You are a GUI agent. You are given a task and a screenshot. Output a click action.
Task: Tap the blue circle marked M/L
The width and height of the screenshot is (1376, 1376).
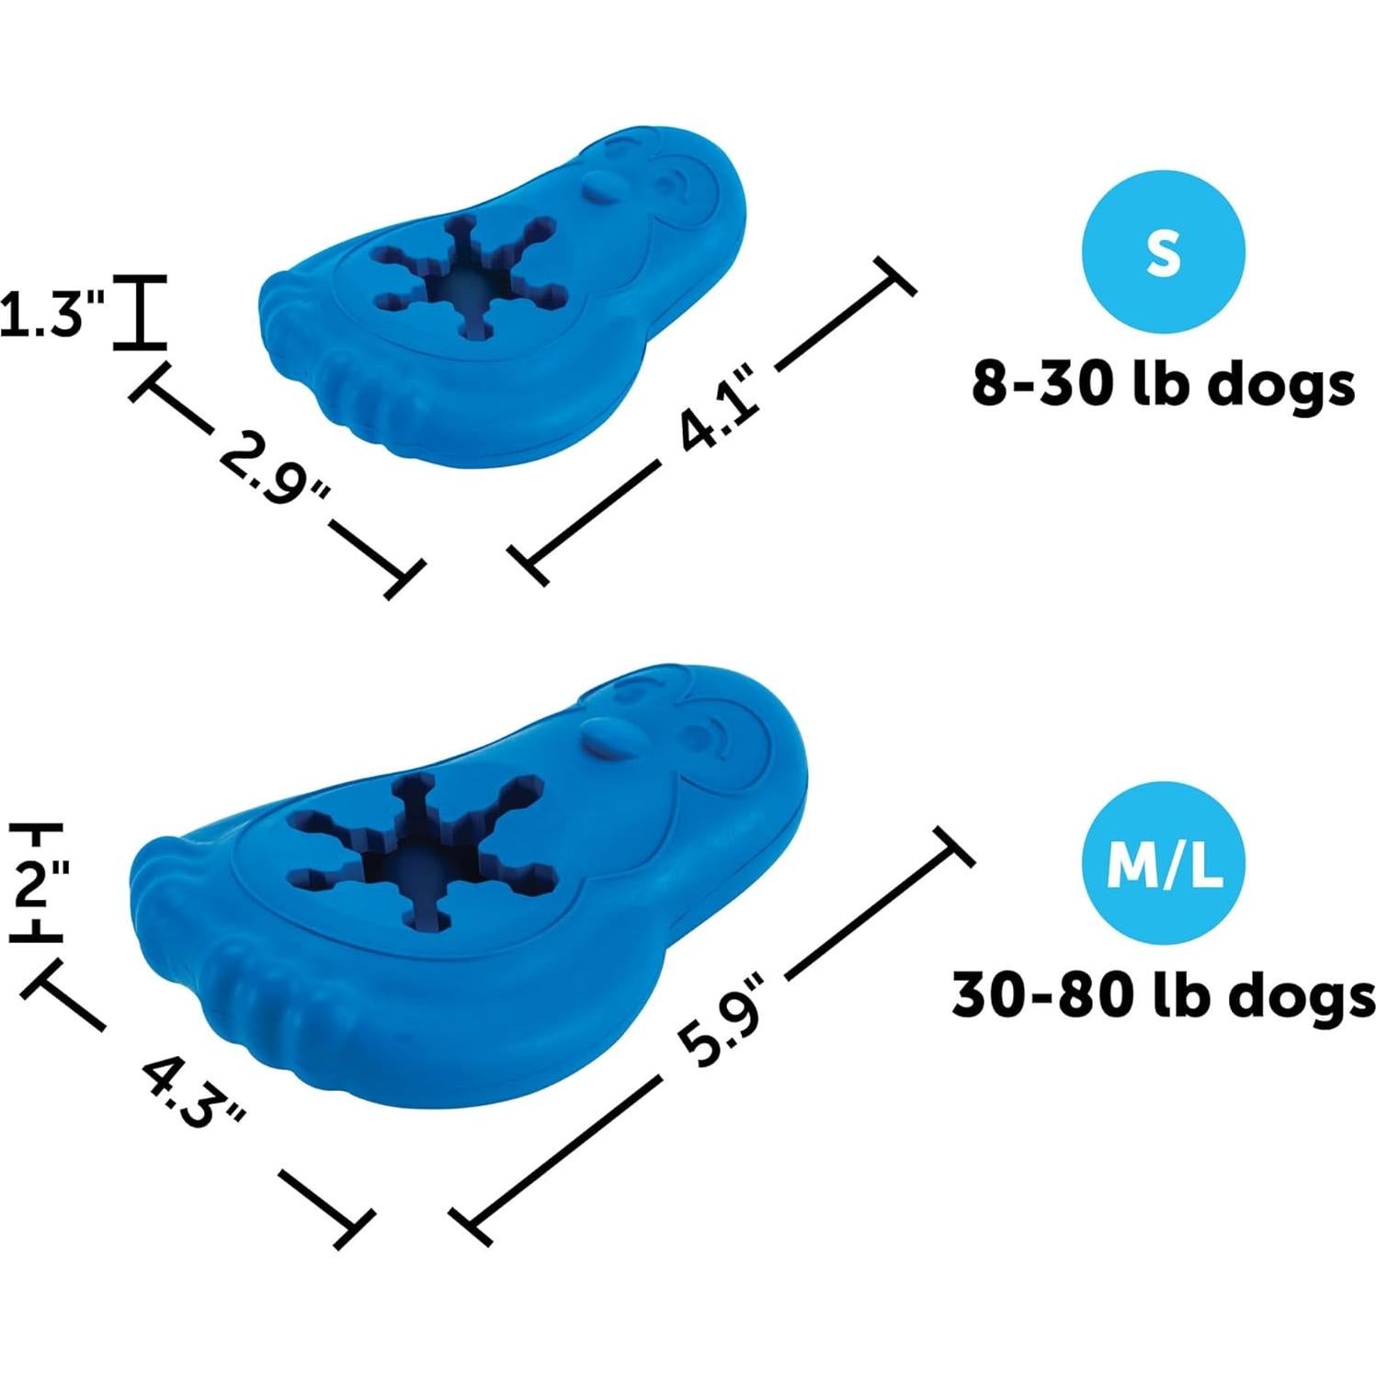[1163, 863]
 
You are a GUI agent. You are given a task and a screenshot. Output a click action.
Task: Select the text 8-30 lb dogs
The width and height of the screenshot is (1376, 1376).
[1163, 383]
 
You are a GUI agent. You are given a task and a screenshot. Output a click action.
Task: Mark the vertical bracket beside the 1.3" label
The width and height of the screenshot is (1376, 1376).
[140, 312]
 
